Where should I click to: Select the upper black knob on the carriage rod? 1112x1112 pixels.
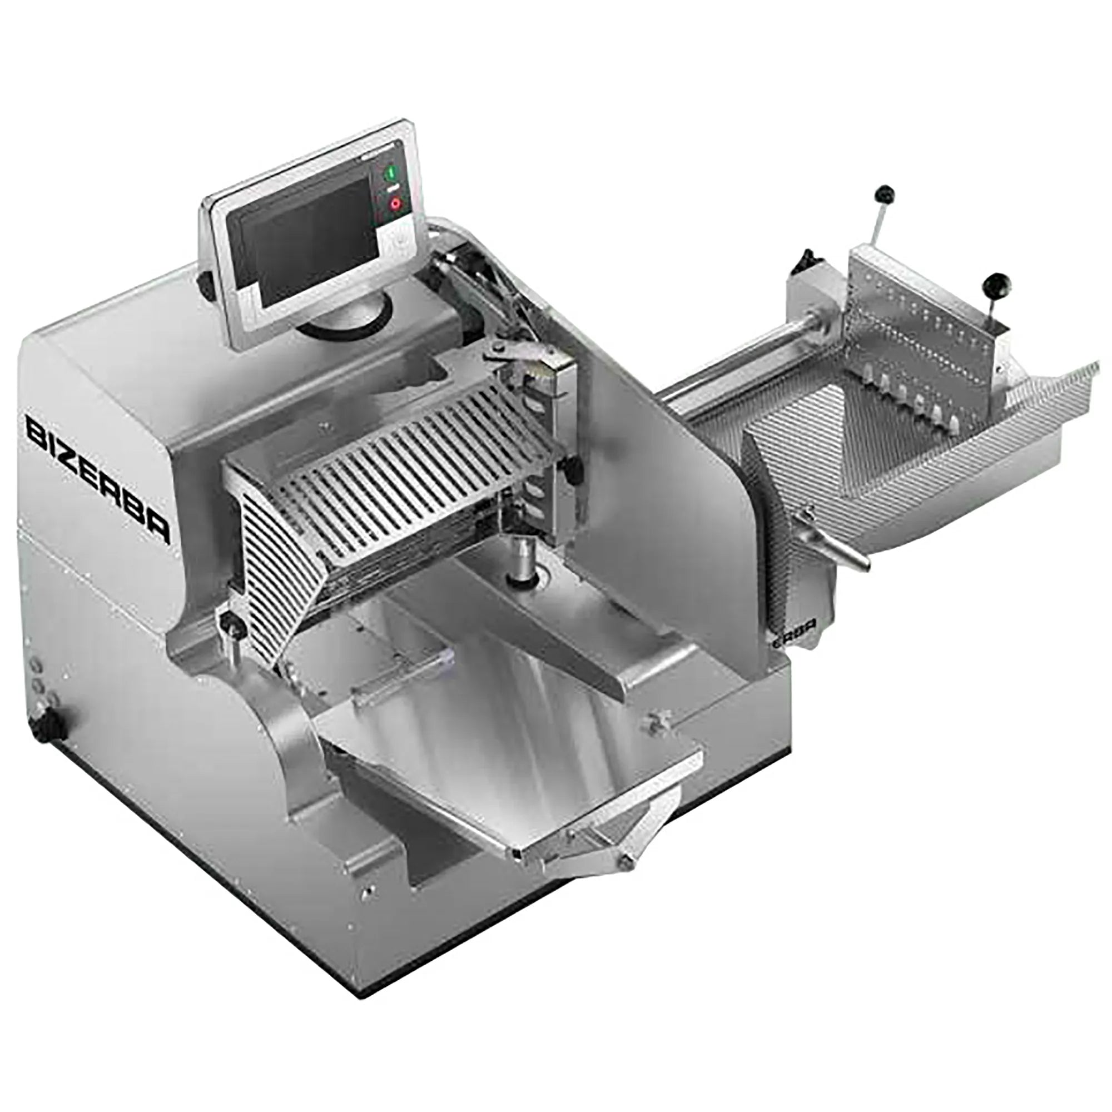point(882,193)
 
